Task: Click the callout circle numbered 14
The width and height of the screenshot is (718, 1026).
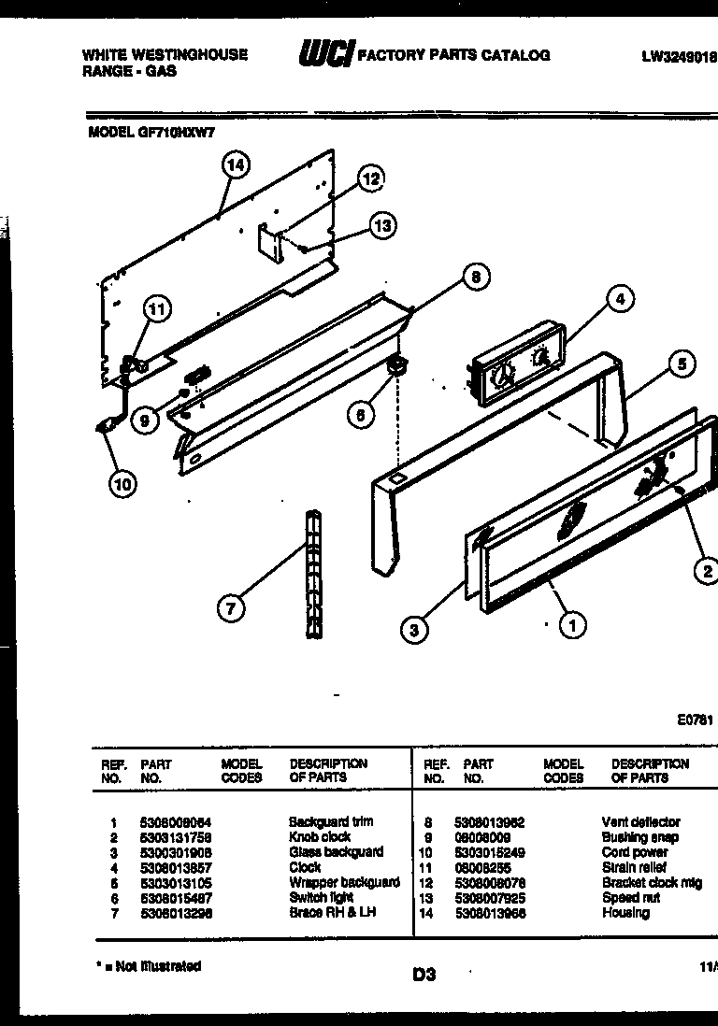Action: (237, 165)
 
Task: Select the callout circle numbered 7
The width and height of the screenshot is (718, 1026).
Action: (231, 608)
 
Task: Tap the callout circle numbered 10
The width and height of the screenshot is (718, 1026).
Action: (122, 483)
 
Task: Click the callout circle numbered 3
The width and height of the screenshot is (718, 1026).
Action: (414, 631)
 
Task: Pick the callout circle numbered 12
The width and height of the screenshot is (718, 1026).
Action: (371, 178)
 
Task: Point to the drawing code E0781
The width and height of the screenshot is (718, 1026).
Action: (695, 720)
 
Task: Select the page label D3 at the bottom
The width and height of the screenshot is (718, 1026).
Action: (424, 975)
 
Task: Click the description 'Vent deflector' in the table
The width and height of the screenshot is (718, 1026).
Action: (640, 821)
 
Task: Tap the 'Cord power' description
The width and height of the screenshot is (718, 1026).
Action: (635, 852)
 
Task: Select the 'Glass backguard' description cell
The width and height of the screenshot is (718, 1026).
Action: (336, 851)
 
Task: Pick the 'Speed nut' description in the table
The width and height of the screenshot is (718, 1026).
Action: (631, 897)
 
